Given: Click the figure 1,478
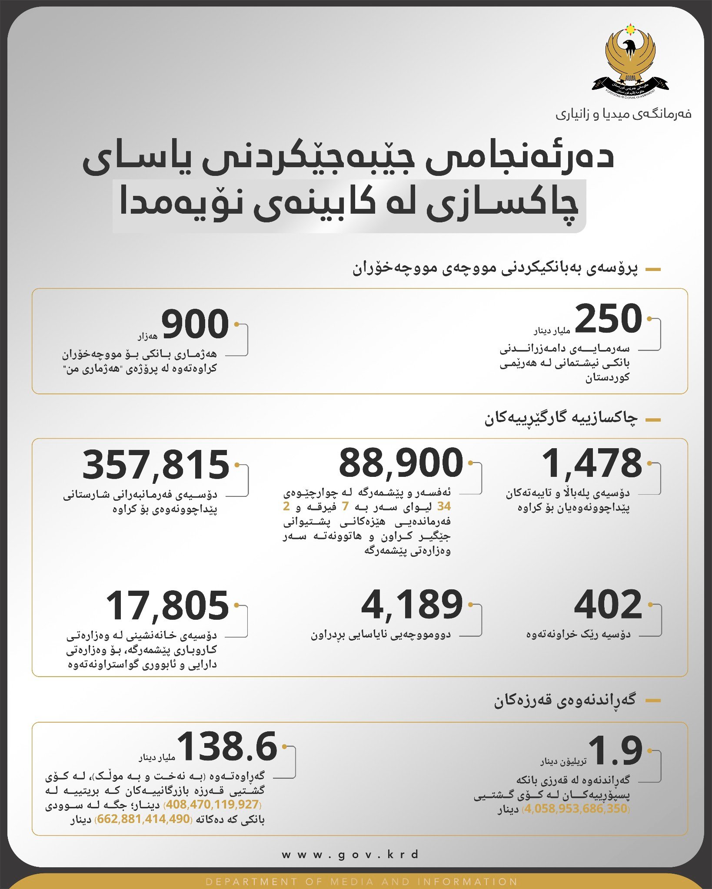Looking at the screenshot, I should [592, 463].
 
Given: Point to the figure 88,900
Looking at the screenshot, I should [401, 463].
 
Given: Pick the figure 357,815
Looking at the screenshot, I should [156, 465].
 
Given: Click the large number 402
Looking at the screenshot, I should [608, 605].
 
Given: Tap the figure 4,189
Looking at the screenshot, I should [412, 605].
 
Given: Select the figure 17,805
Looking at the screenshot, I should [167, 605].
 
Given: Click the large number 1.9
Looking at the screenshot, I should [615, 751].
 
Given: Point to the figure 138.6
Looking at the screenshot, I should [227, 747].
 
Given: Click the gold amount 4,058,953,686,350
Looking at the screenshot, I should [576, 809].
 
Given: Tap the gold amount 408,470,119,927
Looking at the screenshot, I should [213, 804].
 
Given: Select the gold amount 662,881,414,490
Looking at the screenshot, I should [143, 819].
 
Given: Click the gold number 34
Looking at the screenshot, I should [444, 506].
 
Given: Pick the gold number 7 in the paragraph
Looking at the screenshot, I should [346, 506].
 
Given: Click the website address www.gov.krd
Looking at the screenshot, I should [350, 855].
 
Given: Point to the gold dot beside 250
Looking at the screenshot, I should [649, 319].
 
